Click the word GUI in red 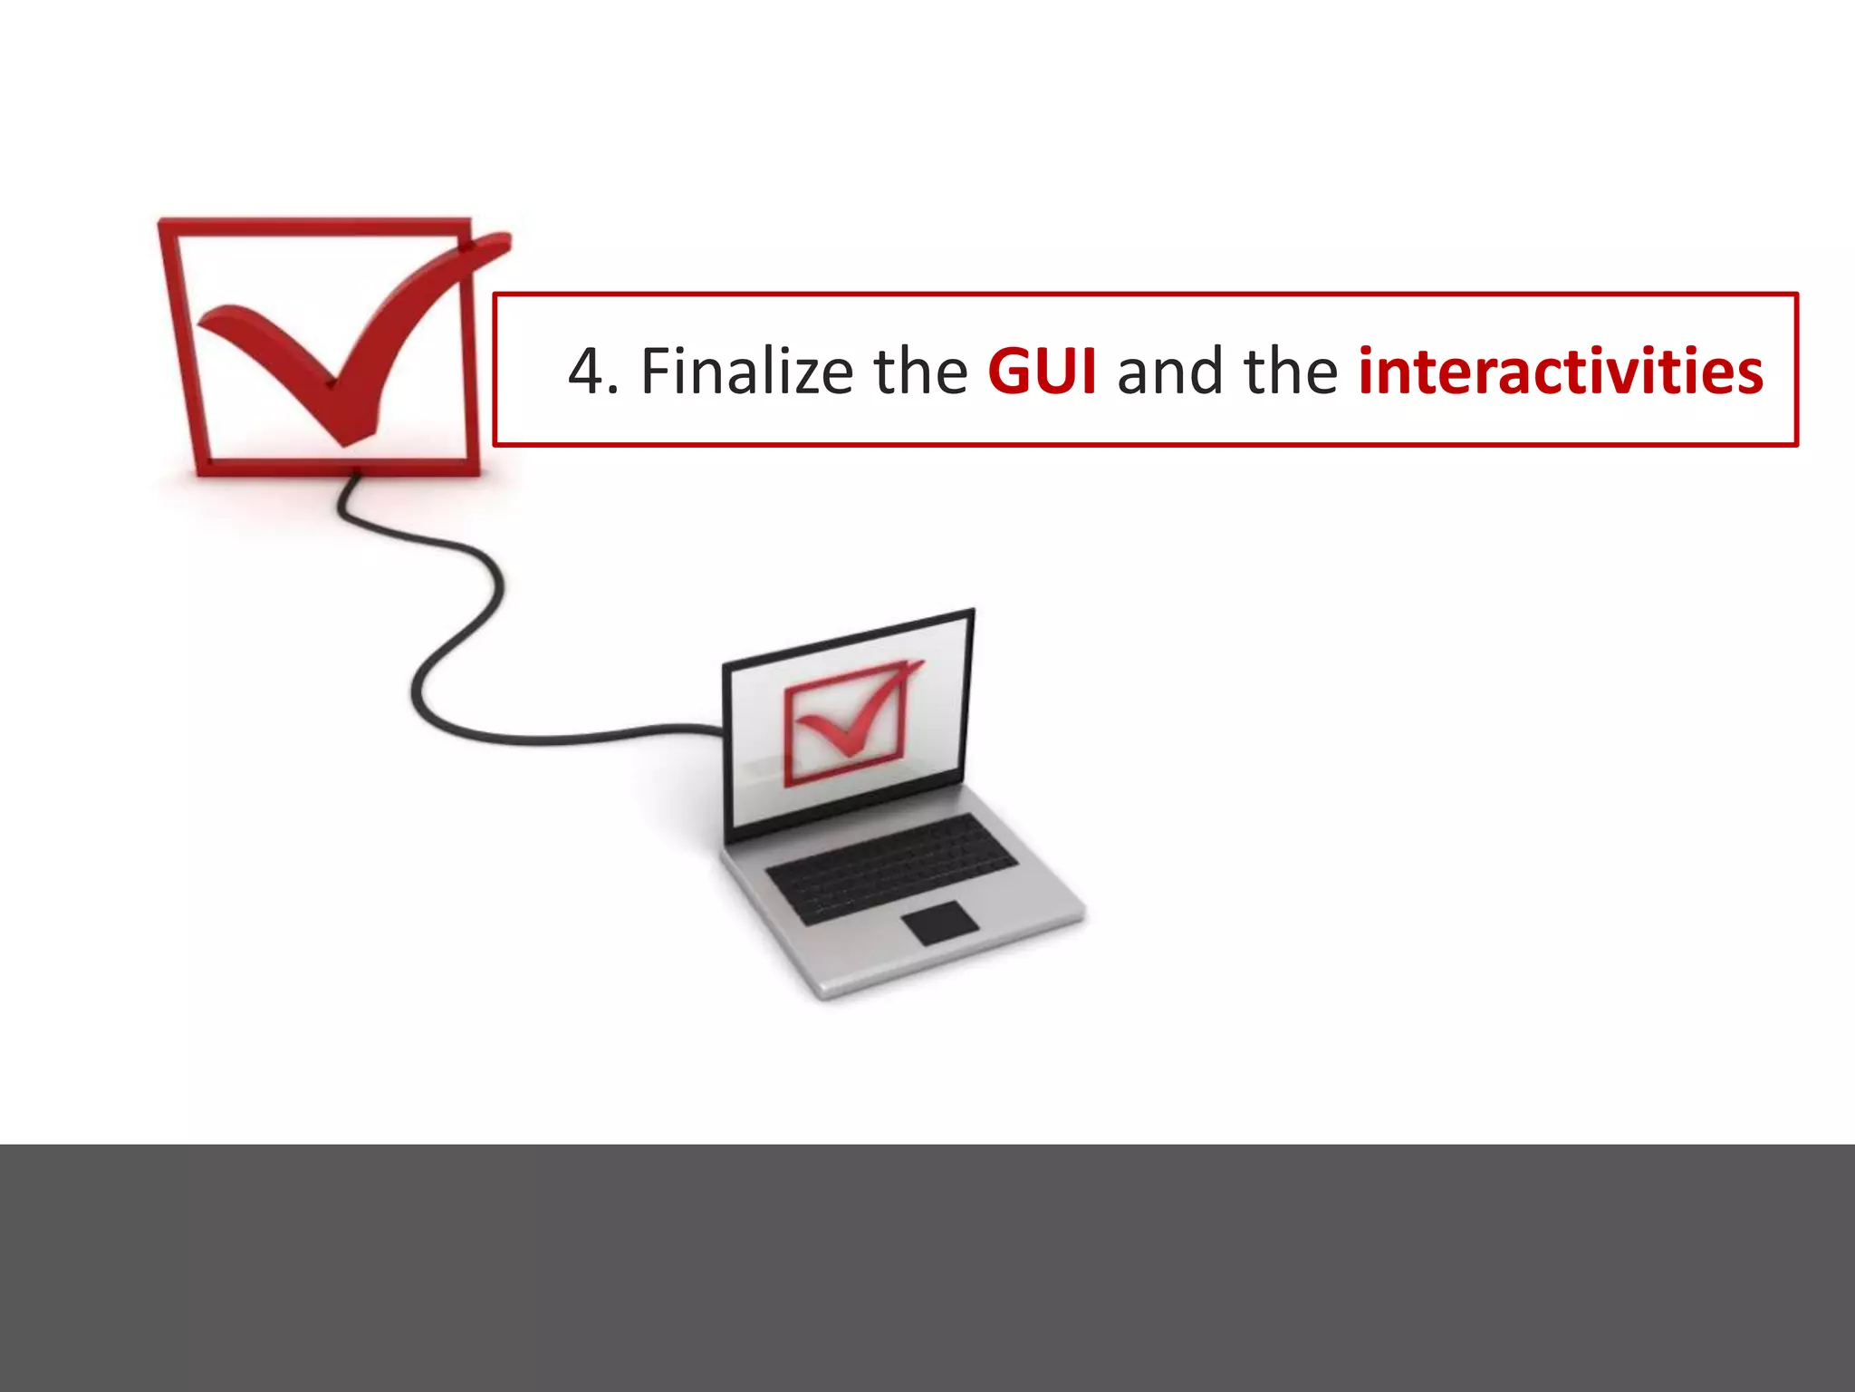pyautogui.click(x=1042, y=372)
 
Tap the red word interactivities pyautogui.click(x=1560, y=372)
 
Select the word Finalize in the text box pyautogui.click(x=746, y=372)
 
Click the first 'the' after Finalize pyautogui.click(x=920, y=372)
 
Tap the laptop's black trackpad pyautogui.click(x=940, y=923)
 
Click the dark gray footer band pyautogui.click(x=927, y=1269)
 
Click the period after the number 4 pyautogui.click(x=614, y=392)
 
